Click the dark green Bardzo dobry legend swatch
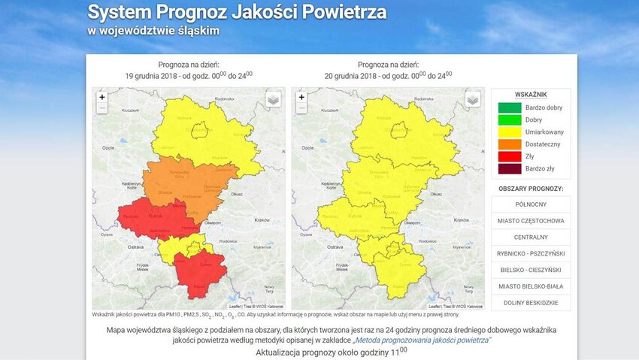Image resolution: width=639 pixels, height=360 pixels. pyautogui.click(x=509, y=108)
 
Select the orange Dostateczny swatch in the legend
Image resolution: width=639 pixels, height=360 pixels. pyautogui.click(x=509, y=144)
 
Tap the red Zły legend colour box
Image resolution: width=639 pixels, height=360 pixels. pyautogui.click(x=509, y=156)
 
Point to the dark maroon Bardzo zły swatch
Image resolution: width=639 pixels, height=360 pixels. pyautogui.click(x=509, y=168)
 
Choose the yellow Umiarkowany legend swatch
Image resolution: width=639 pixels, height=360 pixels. pyautogui.click(x=509, y=132)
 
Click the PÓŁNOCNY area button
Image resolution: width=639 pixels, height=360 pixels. pyautogui.click(x=531, y=204)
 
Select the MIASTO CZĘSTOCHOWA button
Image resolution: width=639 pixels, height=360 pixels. pyautogui.click(x=531, y=221)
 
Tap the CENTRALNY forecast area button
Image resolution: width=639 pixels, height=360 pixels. pyautogui.click(x=531, y=237)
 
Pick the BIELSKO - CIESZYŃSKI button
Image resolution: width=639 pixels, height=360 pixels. pyautogui.click(x=531, y=270)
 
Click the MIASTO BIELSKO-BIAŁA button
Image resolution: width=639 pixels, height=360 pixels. pyautogui.click(x=531, y=286)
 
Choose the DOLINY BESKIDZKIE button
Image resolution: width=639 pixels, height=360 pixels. pyautogui.click(x=531, y=303)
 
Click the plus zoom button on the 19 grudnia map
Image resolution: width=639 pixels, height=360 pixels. pyautogui.click(x=102, y=97)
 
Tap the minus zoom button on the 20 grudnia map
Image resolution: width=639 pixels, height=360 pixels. pyautogui.click(x=301, y=108)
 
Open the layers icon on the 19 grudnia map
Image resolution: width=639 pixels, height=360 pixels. pyautogui.click(x=274, y=99)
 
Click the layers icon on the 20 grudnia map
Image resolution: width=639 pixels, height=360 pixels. pyautogui.click(x=473, y=99)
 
